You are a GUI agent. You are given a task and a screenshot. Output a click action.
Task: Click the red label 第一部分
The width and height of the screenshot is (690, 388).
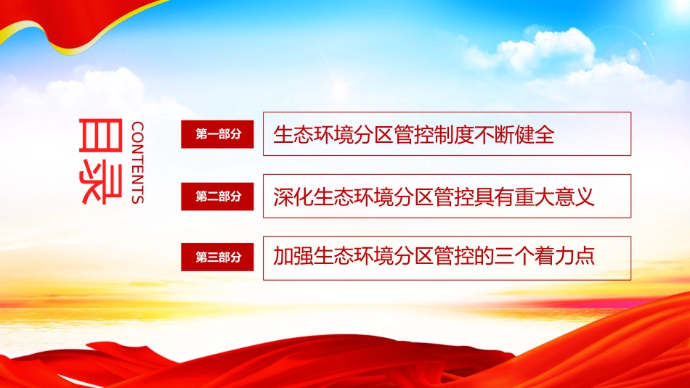(217, 134)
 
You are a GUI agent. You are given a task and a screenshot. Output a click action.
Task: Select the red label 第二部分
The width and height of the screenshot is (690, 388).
(217, 197)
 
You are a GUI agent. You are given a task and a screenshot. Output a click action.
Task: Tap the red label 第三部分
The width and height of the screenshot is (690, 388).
(217, 257)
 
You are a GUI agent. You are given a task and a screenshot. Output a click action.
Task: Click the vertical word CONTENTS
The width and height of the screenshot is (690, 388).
(138, 162)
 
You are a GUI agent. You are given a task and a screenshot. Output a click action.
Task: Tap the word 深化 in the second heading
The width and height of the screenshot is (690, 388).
(293, 197)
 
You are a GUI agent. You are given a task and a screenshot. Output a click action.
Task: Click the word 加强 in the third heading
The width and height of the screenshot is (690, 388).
(293, 256)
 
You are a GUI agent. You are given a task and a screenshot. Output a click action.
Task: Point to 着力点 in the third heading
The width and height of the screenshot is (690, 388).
(564, 256)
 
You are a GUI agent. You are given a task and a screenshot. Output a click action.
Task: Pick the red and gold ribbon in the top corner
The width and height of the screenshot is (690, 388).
(75, 22)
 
